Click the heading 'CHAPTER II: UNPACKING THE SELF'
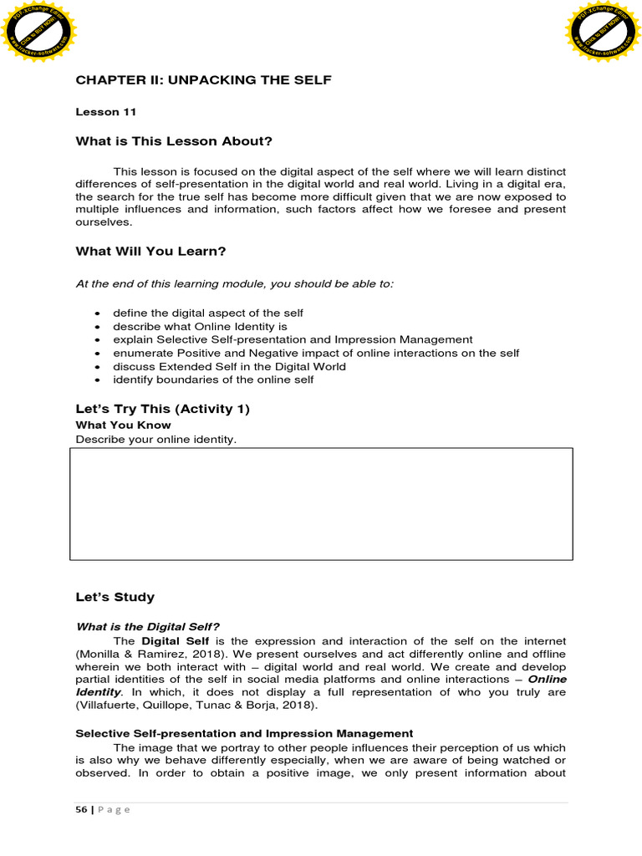click(203, 80)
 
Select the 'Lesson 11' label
click(105, 111)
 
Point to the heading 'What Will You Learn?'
click(150, 251)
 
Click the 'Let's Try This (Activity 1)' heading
click(163, 409)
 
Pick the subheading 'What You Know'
click(123, 425)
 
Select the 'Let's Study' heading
click(115, 597)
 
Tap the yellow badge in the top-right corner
click(604, 35)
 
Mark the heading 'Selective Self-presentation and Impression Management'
click(244, 733)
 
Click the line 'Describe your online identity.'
click(156, 440)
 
